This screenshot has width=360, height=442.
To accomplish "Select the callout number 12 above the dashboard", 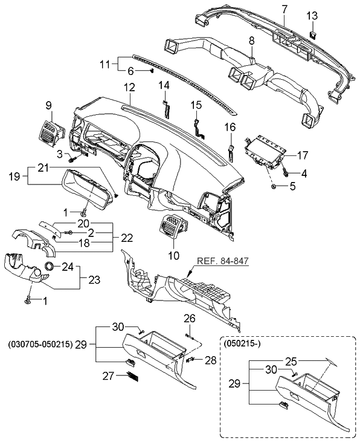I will [x=129, y=87].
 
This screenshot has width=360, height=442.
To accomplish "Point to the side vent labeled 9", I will [x=50, y=131].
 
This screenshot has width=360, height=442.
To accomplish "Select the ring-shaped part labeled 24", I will [x=48, y=267].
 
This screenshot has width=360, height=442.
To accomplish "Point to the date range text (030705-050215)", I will [x=40, y=344].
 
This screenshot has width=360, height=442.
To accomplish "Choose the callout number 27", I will [x=109, y=376].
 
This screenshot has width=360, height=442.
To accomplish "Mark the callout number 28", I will [x=210, y=360].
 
